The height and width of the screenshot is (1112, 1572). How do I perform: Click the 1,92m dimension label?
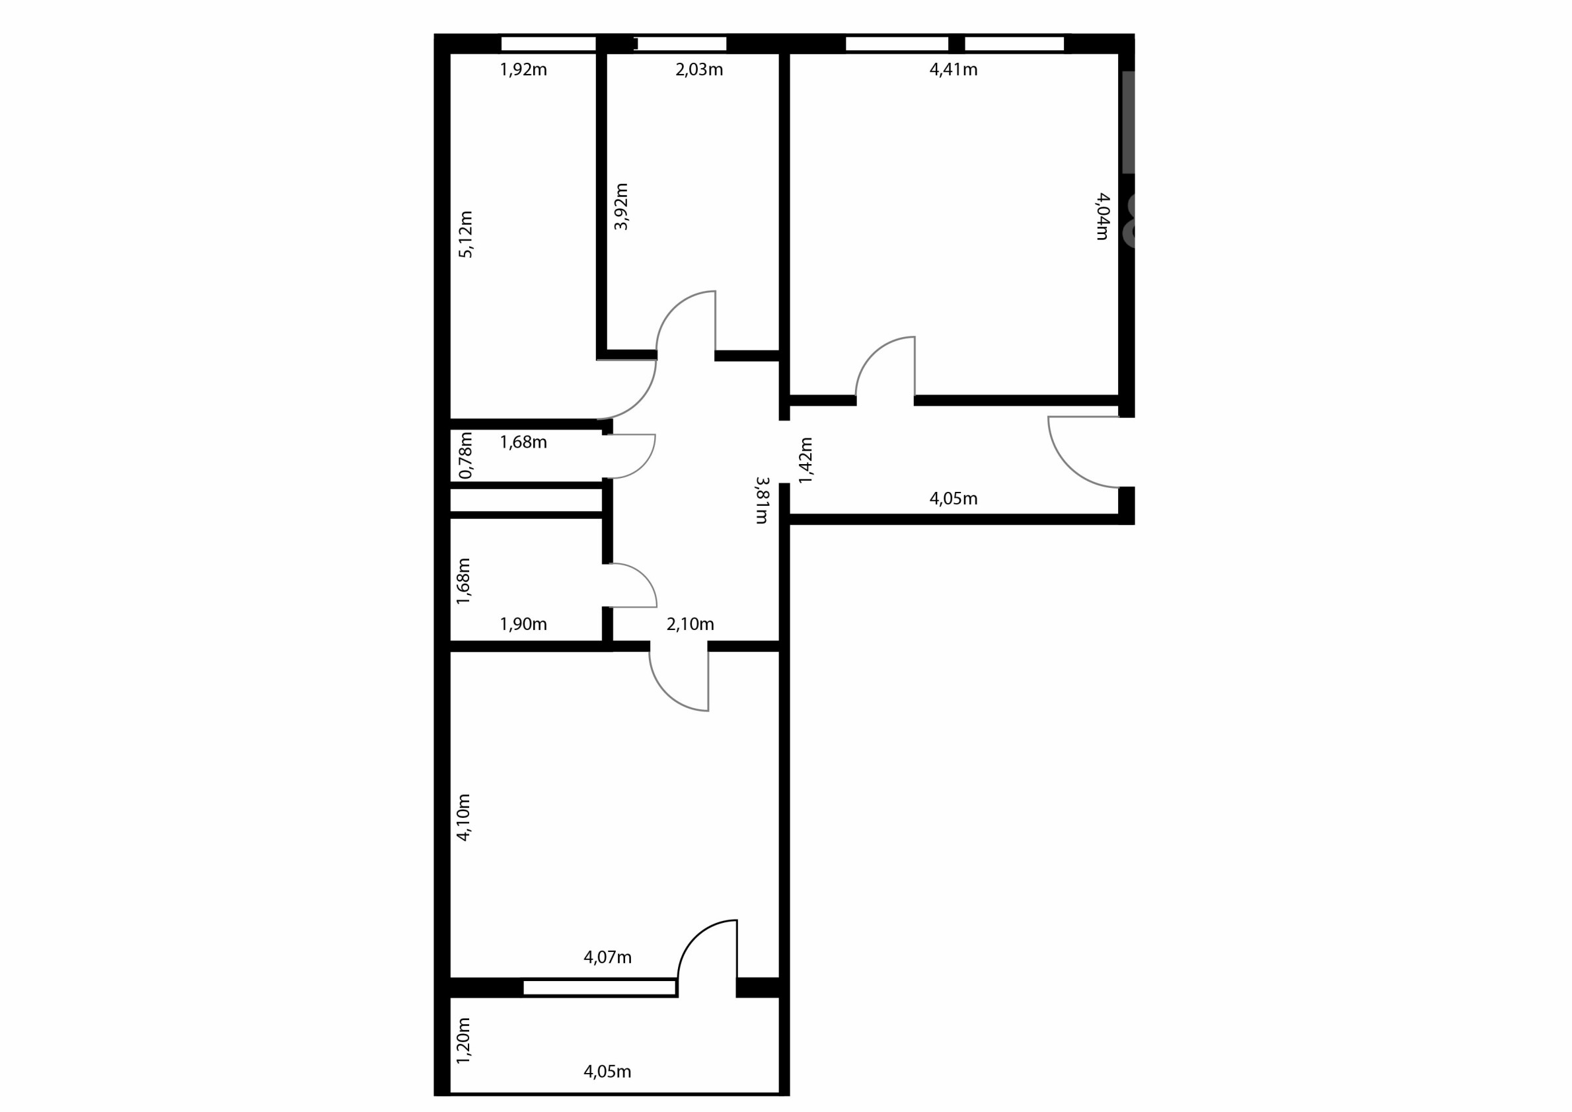[x=523, y=70]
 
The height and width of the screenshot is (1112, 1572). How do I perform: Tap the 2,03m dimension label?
[x=699, y=70]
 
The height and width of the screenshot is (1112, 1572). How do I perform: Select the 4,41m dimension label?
[x=953, y=70]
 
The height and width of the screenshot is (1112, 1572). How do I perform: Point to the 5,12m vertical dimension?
[x=466, y=234]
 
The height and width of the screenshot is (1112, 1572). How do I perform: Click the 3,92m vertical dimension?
[x=621, y=206]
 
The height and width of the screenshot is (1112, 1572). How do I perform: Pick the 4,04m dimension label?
[x=1102, y=216]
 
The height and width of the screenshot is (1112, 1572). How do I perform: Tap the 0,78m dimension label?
[x=466, y=455]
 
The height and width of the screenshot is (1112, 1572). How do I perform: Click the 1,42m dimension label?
[x=805, y=460]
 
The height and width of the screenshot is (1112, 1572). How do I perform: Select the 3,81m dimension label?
[x=762, y=500]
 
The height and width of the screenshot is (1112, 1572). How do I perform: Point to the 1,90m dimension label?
[x=523, y=624]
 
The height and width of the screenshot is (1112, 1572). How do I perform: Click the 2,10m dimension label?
[x=690, y=624]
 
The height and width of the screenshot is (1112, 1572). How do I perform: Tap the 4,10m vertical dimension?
[x=463, y=817]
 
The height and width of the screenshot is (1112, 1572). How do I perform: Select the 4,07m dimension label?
[x=607, y=958]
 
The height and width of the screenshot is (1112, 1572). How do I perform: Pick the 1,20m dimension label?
[x=463, y=1040]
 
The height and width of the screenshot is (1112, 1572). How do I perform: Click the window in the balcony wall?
[x=599, y=987]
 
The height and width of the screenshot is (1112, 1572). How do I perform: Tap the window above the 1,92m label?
[x=548, y=44]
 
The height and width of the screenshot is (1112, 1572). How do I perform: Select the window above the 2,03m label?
[x=682, y=44]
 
